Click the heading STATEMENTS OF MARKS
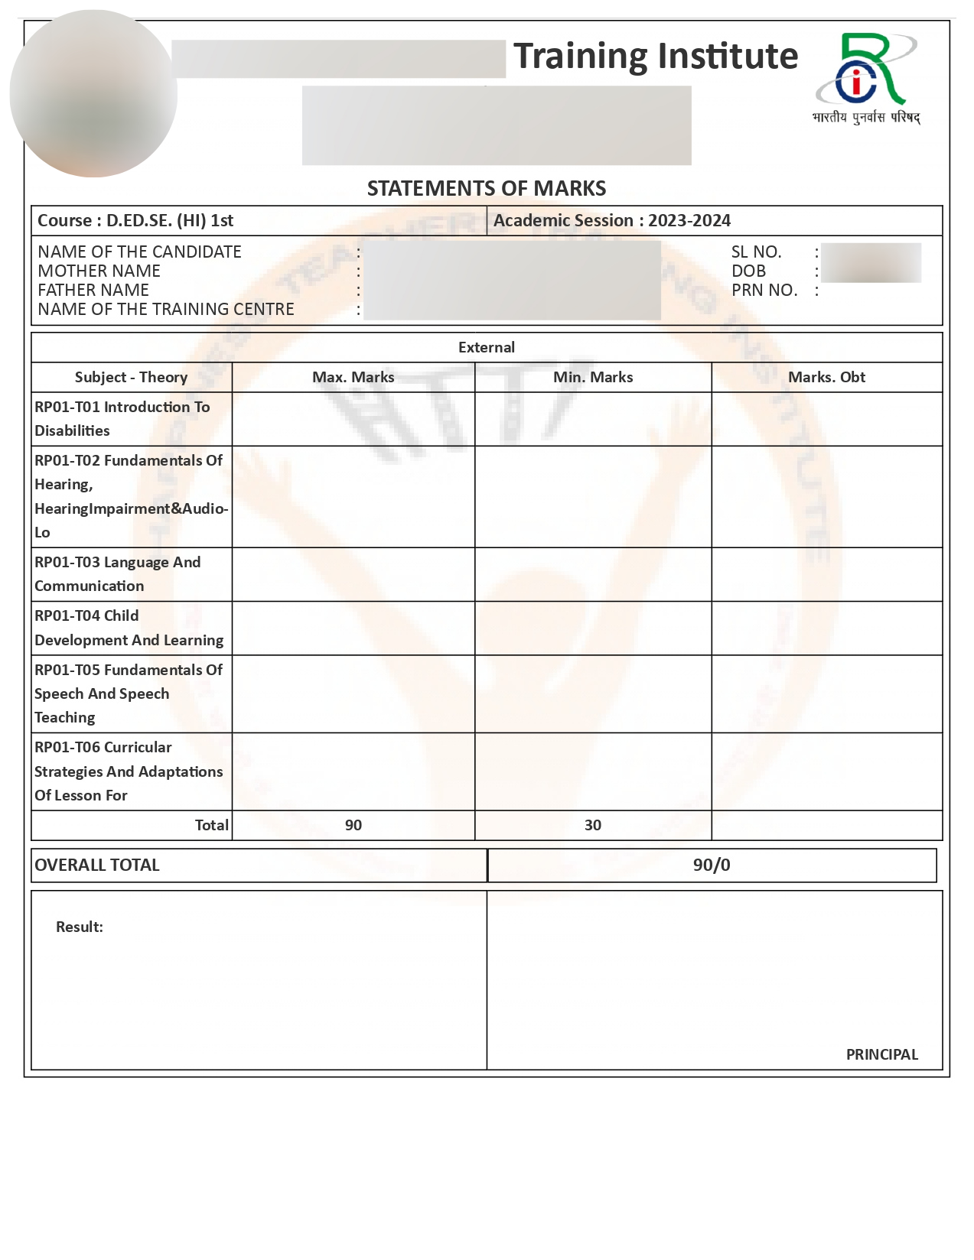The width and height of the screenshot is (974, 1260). click(x=487, y=188)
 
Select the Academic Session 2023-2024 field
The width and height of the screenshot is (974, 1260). click(x=611, y=221)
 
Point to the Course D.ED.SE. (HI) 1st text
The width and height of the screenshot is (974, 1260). click(x=135, y=221)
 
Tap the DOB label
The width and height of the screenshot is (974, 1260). click(x=748, y=271)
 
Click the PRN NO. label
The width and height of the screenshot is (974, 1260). click(x=764, y=291)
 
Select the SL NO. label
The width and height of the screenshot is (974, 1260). click(x=756, y=252)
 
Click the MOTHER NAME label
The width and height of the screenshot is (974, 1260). click(x=99, y=271)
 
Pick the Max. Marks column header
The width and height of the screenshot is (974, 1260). click(x=353, y=377)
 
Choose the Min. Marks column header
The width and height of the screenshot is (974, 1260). click(x=593, y=377)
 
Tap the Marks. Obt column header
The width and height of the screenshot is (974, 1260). click(x=826, y=377)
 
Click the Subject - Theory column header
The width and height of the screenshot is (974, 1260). click(x=131, y=377)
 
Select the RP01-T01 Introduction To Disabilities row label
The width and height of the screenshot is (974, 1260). click(x=122, y=419)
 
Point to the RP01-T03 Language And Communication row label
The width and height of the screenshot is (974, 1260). click(x=117, y=574)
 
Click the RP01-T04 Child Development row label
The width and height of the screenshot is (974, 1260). click(x=129, y=628)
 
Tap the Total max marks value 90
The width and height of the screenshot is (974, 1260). click(x=353, y=825)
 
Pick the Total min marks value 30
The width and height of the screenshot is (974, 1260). click(x=593, y=825)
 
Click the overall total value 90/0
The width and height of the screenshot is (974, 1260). click(x=712, y=865)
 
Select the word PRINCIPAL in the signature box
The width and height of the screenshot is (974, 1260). click(x=881, y=1054)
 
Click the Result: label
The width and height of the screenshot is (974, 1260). click(x=80, y=927)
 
